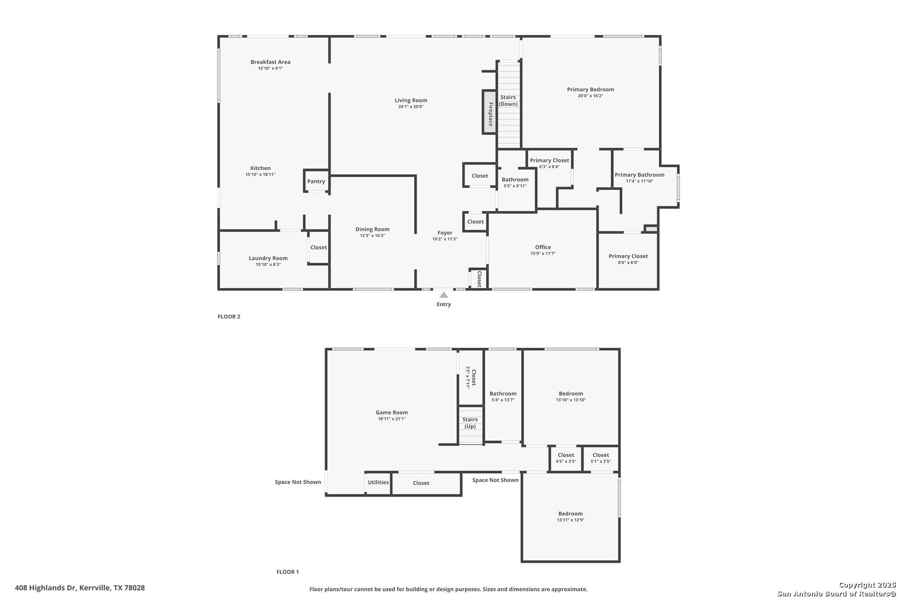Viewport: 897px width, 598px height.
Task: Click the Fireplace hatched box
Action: (489, 112)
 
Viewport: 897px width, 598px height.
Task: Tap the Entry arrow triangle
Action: (444, 295)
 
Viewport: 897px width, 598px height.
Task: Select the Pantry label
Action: (316, 182)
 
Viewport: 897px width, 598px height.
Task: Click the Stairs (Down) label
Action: (508, 101)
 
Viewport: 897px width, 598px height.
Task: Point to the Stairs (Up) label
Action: (470, 422)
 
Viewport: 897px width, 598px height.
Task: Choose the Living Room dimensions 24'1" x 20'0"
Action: (411, 106)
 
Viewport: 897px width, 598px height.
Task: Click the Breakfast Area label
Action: (270, 62)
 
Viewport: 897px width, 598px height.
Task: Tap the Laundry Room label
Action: (268, 259)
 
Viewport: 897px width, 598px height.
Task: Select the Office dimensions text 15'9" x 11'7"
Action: (543, 254)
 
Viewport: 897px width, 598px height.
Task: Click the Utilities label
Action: (378, 482)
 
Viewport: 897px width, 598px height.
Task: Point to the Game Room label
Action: (391, 413)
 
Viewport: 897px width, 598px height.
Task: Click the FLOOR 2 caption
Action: (229, 316)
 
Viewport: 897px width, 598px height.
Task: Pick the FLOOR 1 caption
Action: (287, 572)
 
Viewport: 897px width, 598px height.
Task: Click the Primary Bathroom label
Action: (640, 175)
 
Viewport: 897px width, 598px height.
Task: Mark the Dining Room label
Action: (373, 229)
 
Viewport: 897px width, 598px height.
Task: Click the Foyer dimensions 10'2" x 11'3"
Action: (445, 239)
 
